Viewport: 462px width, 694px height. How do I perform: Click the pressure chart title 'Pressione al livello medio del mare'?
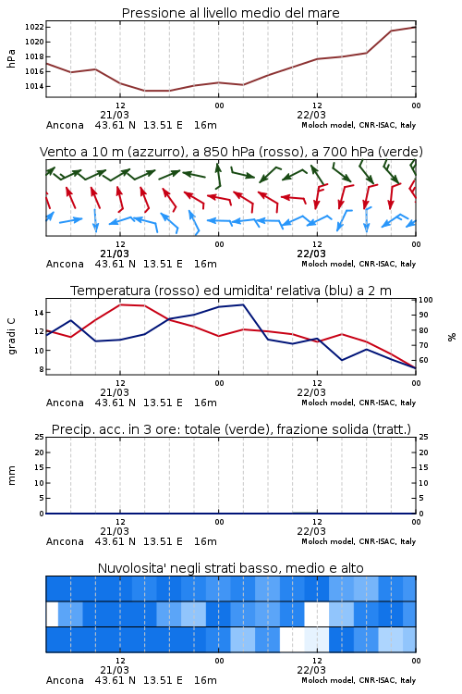tap(230, 13)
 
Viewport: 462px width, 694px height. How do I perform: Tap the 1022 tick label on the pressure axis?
tap(34, 27)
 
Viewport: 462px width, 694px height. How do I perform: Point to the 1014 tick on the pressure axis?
tap(34, 86)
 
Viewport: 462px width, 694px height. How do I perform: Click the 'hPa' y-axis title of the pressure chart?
tap(11, 58)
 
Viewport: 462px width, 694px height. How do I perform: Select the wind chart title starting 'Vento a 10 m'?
tap(231, 152)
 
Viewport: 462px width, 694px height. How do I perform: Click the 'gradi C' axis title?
tap(11, 336)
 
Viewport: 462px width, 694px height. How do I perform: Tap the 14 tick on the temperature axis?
tap(39, 313)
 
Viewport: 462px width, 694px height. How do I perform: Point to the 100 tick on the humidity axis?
tap(426, 300)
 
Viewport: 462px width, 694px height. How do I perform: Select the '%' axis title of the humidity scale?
tap(452, 337)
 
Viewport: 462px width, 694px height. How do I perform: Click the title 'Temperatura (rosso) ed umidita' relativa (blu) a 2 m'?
tap(231, 291)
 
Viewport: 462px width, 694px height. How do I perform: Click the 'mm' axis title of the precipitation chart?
tap(11, 476)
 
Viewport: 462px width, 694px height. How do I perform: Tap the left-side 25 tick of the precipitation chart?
tap(40, 437)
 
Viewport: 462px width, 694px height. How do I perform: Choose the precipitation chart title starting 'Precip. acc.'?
tap(231, 429)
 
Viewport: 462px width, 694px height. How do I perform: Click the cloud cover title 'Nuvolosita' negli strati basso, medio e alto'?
tap(230, 568)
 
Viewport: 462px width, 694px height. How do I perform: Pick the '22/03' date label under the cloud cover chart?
tap(311, 670)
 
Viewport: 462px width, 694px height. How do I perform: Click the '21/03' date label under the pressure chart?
tap(115, 115)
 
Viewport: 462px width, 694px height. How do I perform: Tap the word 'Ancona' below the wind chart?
tap(65, 265)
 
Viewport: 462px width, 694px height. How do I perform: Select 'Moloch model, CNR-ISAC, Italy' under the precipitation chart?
tap(359, 541)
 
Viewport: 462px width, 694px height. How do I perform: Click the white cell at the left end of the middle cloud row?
tap(52, 613)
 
